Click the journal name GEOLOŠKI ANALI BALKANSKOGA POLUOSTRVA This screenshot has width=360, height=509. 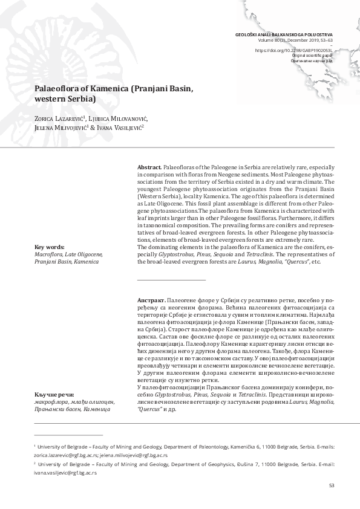(x=283, y=35)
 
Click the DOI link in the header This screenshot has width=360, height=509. (x=293, y=50)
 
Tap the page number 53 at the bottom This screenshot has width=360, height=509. (x=332, y=485)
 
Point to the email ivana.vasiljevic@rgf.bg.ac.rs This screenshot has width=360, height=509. (x=65, y=473)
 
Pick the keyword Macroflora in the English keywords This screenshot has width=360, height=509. (x=50, y=254)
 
